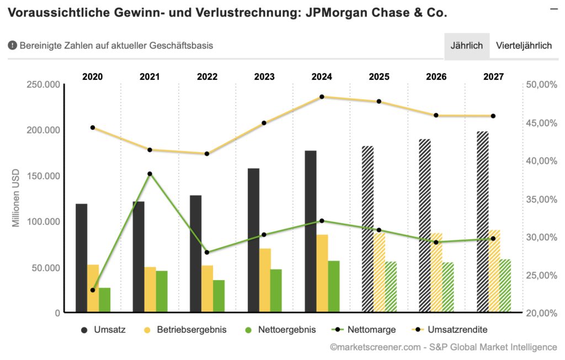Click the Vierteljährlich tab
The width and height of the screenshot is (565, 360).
click(524, 46)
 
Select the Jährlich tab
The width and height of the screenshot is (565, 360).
click(467, 46)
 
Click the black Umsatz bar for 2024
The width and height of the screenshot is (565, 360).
click(311, 232)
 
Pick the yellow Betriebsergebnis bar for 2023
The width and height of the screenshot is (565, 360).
click(265, 281)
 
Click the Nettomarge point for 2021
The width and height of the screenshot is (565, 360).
click(150, 174)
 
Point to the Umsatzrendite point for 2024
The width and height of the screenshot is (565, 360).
click(322, 96)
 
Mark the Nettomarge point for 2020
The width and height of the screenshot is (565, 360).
click(93, 290)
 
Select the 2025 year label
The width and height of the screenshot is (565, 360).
click(379, 77)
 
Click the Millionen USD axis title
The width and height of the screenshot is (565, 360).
click(17, 199)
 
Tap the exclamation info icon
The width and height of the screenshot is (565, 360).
click(12, 46)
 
